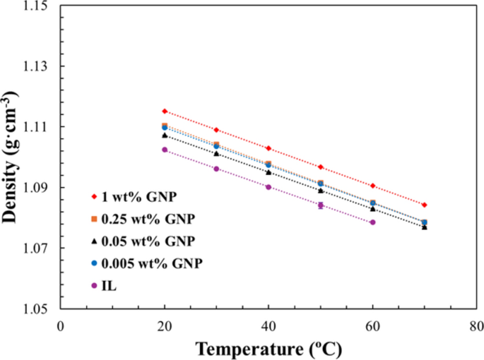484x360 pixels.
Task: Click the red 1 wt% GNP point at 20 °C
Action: (x=165, y=111)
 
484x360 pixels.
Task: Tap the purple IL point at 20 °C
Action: (x=165, y=150)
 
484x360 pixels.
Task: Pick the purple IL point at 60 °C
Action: (x=372, y=222)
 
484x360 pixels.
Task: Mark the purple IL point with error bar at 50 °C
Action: (x=321, y=205)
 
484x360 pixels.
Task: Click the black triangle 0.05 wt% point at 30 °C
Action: (x=216, y=152)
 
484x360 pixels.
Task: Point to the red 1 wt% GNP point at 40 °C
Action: (x=268, y=148)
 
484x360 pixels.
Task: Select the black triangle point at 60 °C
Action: (x=372, y=208)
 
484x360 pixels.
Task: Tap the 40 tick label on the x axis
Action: (x=268, y=325)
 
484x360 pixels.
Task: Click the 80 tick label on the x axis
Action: (x=476, y=325)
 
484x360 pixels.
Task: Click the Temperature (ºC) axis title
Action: (x=268, y=348)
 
